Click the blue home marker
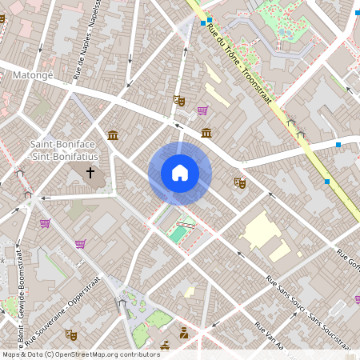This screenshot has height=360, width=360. tap(180, 173)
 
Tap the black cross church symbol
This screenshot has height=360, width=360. tap(90, 172)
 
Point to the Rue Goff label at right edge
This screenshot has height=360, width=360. tap(348, 260)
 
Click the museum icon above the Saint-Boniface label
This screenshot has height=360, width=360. tap(113, 135)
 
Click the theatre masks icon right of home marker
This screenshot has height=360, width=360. tap(238, 182)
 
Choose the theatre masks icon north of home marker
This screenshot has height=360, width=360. tap(180, 101)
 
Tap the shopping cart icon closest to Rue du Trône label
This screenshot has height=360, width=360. tap(202, 110)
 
